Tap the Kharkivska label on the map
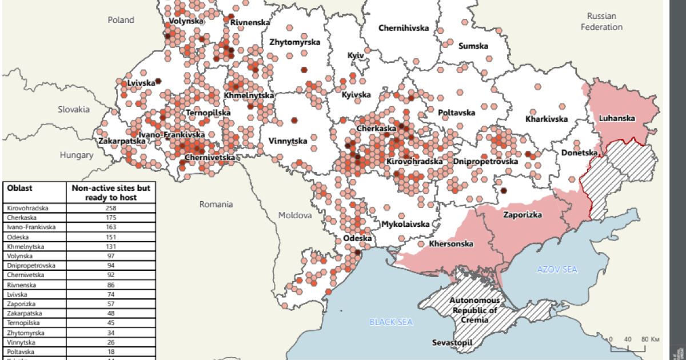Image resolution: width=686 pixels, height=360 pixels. click(547, 119)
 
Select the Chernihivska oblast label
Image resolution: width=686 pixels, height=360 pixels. click(403, 28)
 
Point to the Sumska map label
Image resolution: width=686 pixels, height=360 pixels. click(473, 46)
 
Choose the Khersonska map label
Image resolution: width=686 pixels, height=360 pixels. click(451, 244)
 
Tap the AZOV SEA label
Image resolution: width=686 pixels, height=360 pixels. click(557, 269)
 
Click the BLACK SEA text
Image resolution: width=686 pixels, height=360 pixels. click(390, 322)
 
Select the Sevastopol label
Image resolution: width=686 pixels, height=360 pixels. click(452, 343)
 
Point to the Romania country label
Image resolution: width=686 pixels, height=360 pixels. click(216, 204)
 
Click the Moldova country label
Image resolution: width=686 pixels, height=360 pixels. click(295, 215)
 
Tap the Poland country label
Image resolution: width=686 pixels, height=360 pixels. click(121, 20)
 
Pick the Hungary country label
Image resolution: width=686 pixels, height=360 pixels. click(77, 155)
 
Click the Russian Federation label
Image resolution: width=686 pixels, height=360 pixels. click(601, 21)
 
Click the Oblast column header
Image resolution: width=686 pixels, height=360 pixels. click(20, 188)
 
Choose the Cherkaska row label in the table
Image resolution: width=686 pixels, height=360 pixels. click(23, 218)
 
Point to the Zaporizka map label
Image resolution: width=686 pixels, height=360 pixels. click(522, 215)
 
